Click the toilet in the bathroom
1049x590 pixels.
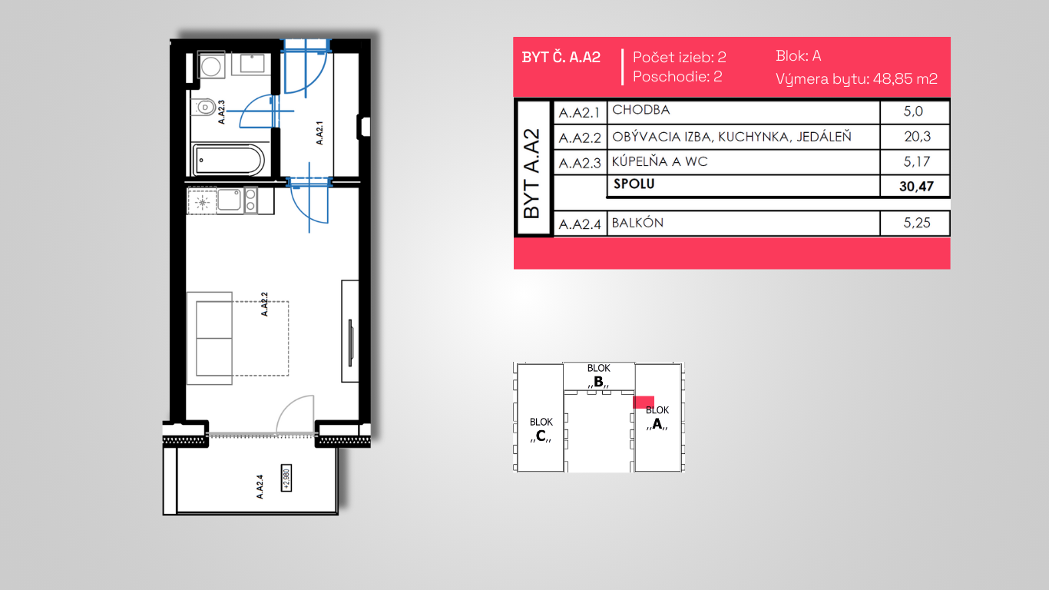(x=204, y=108)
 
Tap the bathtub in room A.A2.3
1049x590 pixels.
(x=229, y=160)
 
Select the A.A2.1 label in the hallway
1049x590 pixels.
(x=319, y=133)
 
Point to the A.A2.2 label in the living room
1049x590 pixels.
(x=264, y=304)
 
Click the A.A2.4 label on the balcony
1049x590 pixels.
(x=260, y=486)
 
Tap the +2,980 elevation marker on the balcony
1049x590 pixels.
(x=286, y=478)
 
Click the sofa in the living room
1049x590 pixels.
(x=210, y=338)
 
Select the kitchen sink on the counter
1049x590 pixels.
(x=229, y=200)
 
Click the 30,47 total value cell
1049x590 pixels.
(x=916, y=187)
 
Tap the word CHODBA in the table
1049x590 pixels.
(x=640, y=110)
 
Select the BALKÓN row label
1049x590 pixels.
(x=637, y=222)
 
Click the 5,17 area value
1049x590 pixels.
(x=916, y=161)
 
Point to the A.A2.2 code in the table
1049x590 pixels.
(x=579, y=138)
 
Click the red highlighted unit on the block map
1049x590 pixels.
(x=644, y=402)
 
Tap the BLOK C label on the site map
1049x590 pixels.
(x=541, y=429)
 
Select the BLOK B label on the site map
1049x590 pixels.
(x=598, y=376)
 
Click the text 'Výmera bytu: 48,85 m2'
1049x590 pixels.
(x=856, y=78)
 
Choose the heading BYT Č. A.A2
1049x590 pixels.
(x=561, y=57)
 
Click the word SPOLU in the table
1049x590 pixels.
(x=634, y=184)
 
